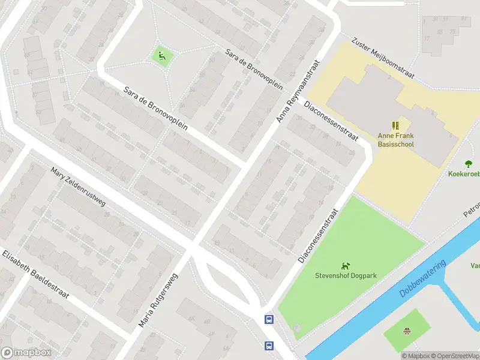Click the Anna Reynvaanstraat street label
296,92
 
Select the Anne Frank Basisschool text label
395,140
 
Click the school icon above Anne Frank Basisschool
395,125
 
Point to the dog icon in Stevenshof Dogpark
344,265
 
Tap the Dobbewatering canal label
423,280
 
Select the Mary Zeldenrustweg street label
78,187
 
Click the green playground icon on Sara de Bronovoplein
161,57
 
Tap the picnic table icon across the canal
407,330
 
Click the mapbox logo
25,353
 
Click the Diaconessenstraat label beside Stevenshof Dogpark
319,235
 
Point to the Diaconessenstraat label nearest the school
331,121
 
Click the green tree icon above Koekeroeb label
468,163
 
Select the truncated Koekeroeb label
464,174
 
